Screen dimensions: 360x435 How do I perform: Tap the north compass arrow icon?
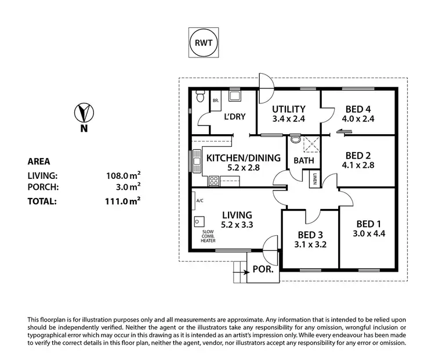(85, 111)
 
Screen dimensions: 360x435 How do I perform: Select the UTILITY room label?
(289, 109)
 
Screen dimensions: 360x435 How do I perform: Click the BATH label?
(303, 160)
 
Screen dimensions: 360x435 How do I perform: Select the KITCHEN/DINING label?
(244, 157)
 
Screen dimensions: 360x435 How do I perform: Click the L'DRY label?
(235, 117)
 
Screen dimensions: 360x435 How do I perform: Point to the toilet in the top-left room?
(201, 98)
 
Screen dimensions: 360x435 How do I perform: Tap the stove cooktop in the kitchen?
(213, 180)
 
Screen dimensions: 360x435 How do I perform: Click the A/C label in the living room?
(200, 201)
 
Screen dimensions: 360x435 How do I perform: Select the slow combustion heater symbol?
(201, 221)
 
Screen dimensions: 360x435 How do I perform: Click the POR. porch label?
(259, 270)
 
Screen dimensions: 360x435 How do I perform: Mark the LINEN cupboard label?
(314, 179)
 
